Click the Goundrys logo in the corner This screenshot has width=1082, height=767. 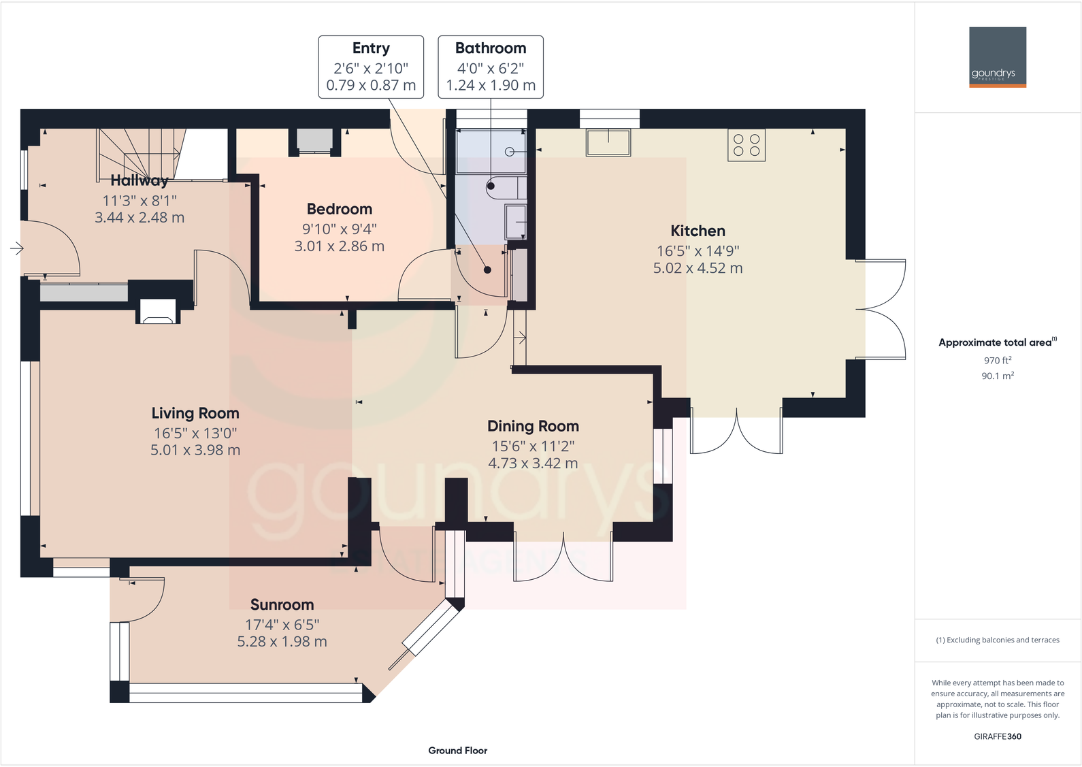pos(997,57)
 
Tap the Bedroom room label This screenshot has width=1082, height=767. pos(339,209)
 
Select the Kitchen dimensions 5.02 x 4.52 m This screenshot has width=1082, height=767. pos(698,268)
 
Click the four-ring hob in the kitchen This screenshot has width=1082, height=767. pos(746,145)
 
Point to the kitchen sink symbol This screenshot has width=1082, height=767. pos(608,142)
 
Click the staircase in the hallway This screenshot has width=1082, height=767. pos(140,153)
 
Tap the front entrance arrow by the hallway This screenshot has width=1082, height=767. pos(17,248)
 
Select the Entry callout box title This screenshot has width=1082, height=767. pos(371,48)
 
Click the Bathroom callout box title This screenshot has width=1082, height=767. pos(490,48)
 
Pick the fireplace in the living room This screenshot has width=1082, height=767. pos(158,312)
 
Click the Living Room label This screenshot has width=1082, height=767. pos(195,413)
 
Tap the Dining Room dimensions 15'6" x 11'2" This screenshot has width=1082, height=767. pos(533,446)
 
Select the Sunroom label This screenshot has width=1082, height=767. pos(282,604)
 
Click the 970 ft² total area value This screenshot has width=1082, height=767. pos(997,360)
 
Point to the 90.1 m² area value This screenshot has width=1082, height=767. pos(997,376)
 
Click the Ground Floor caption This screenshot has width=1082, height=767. pos(457,750)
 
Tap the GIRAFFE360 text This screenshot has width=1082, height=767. pos(997,736)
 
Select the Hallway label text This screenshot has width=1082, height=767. pos(140,180)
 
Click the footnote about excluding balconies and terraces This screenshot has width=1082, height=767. pos(997,640)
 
